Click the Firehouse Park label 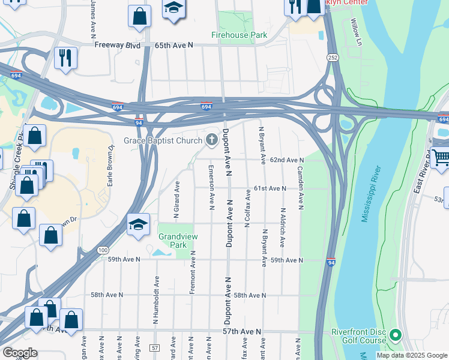pos(239,35)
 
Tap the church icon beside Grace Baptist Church pos(211,140)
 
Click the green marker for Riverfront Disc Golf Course pos(395,335)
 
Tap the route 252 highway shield pos(332,57)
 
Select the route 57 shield pos(155,348)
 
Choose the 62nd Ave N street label pos(286,160)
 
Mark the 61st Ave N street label pos(270,188)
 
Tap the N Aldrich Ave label pos(282,227)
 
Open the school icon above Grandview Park pos(138,225)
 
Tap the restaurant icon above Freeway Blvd pos(65,58)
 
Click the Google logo pos(20,353)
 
